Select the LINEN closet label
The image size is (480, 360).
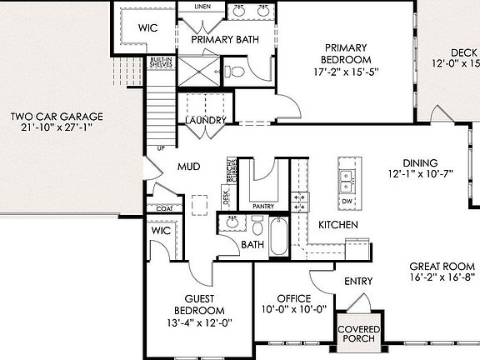[202, 7]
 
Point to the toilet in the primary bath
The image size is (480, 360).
[237, 71]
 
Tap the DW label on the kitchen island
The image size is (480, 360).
[347, 202]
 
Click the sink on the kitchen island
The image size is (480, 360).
[347, 177]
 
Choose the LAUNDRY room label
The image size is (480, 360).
[205, 121]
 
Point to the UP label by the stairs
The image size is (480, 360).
[160, 148]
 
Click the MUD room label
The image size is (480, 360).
[188, 167]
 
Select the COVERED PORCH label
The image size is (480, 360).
[358, 335]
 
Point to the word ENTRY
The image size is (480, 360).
[358, 282]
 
